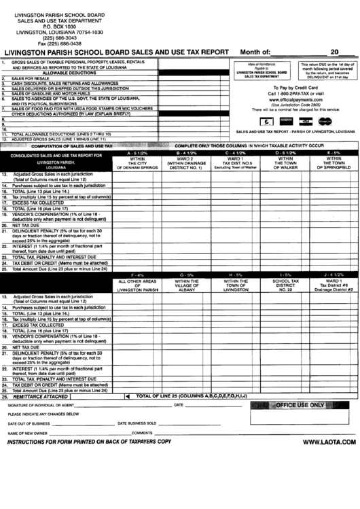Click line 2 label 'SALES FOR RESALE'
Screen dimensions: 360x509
click(x=31, y=78)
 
